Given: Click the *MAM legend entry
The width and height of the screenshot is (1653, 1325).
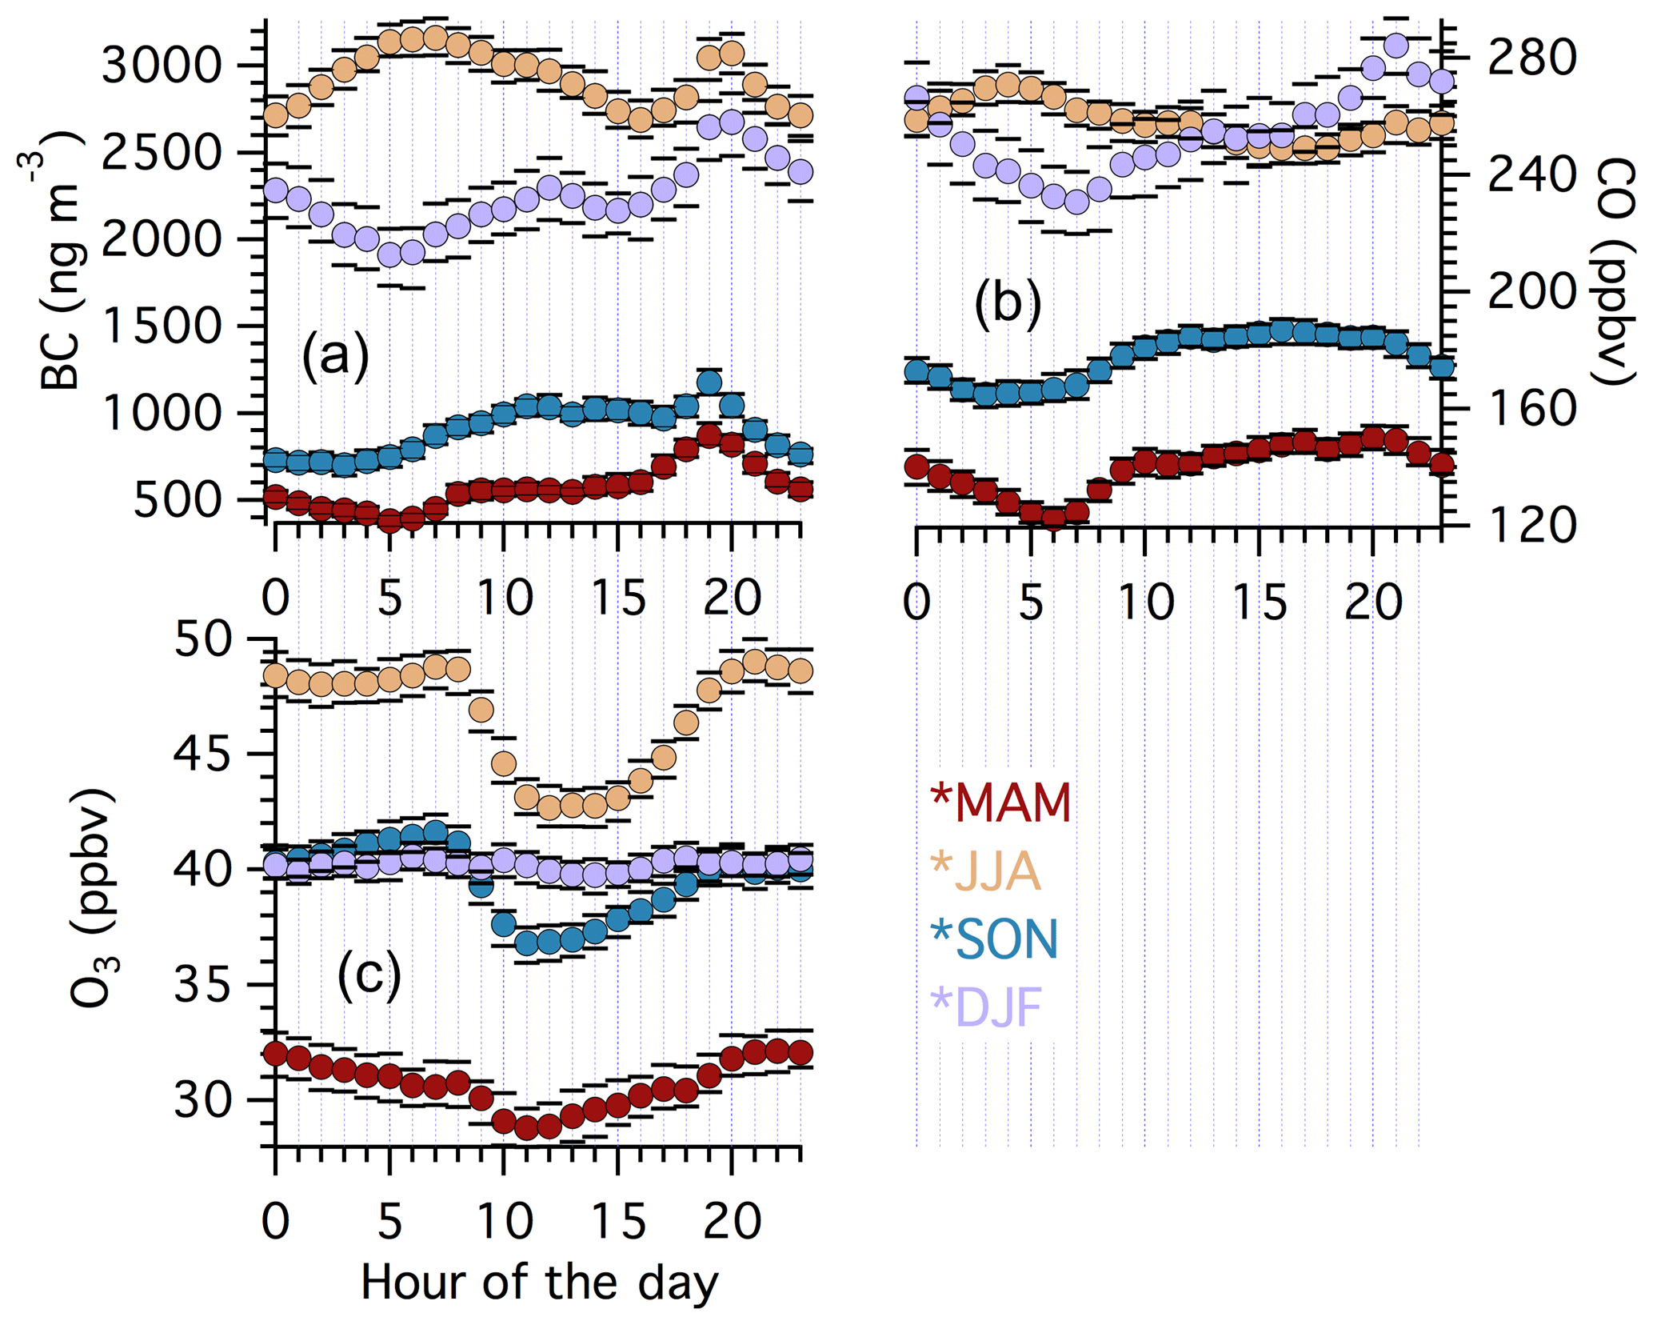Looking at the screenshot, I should pos(1000,803).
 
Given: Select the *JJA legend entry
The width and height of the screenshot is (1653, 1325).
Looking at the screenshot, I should pos(986,871).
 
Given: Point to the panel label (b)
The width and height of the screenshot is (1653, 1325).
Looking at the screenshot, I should pos(1008,305).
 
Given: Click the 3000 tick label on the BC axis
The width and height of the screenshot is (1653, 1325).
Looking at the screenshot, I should pos(161,66).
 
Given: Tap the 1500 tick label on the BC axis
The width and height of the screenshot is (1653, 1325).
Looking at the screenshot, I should pos(161,326).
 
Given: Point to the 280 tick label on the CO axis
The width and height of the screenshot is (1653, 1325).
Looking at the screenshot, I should pos(1531,57).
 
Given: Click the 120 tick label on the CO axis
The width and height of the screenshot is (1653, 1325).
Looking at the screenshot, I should pos(1531,526).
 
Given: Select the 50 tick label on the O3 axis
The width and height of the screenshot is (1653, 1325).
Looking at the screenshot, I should pos(202,640).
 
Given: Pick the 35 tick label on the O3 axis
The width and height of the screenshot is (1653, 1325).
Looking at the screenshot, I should pos(202,986).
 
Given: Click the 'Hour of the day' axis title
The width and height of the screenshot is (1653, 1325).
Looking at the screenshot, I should pos(540,1283).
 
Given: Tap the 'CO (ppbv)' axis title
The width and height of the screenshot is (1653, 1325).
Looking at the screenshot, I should pos(1614,272).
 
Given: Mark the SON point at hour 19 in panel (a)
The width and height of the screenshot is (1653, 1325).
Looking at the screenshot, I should pos(709,382).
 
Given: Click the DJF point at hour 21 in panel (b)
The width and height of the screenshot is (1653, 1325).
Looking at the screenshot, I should pos(1395,46).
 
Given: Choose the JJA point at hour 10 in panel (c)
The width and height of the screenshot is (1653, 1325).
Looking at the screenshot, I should pos(503,764).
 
